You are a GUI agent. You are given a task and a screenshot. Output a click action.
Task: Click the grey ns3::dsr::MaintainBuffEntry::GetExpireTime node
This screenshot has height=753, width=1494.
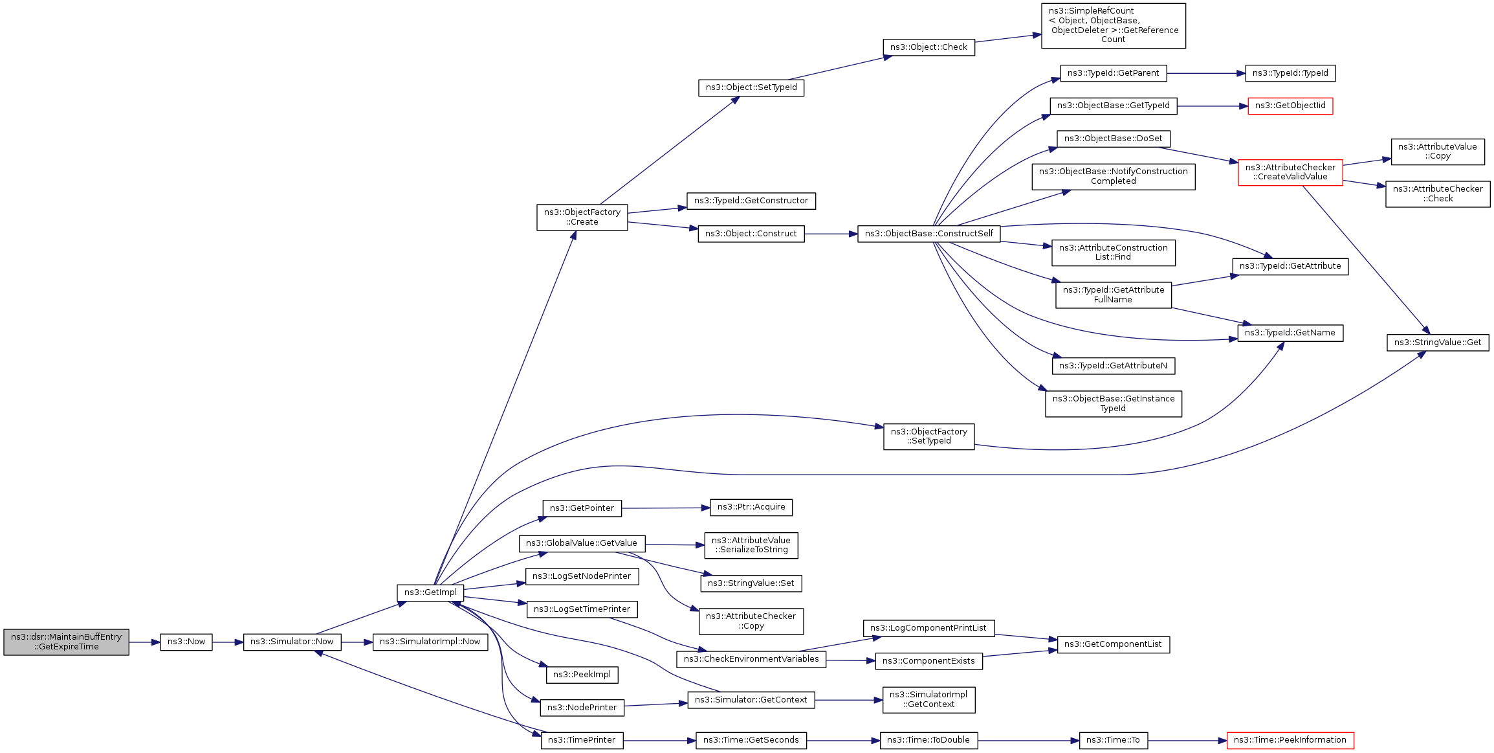(66, 642)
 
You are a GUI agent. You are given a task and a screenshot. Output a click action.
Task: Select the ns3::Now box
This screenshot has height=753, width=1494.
(186, 642)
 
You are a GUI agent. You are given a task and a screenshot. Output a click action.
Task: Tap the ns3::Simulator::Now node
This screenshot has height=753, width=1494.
(292, 642)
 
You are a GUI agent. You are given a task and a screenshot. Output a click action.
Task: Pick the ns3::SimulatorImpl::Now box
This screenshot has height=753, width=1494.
(430, 642)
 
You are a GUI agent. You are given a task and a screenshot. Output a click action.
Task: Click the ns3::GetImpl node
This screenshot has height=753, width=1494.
(430, 592)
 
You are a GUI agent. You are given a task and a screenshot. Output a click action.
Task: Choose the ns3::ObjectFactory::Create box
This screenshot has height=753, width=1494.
(582, 217)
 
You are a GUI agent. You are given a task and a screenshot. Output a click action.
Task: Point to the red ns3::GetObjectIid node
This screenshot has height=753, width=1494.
(1290, 106)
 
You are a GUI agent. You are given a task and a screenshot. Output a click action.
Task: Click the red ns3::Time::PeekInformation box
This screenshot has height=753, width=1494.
(1290, 740)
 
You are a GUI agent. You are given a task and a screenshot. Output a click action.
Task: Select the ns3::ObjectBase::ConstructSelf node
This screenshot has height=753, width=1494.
(928, 234)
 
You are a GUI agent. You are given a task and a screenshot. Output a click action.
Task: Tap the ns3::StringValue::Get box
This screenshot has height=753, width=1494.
(1437, 343)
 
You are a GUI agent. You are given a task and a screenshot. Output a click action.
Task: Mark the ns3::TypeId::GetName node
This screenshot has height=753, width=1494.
(1290, 333)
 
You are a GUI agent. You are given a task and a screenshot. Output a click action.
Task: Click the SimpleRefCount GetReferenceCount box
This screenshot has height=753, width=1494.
(1113, 26)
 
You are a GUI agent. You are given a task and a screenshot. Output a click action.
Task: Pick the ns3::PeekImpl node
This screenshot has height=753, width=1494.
(582, 675)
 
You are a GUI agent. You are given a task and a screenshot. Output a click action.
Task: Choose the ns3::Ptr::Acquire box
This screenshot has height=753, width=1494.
(751, 507)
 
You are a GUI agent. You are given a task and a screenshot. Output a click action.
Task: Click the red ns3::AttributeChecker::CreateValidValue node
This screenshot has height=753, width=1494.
(1290, 172)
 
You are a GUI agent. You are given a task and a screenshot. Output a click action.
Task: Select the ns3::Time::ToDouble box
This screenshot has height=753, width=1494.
(928, 740)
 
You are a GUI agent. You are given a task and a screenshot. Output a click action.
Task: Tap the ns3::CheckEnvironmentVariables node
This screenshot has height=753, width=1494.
(751, 659)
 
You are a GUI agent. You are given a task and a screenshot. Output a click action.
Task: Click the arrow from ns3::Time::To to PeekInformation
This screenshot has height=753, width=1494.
(1187, 740)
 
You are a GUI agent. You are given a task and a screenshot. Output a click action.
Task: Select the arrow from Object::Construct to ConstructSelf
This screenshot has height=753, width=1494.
(831, 234)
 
